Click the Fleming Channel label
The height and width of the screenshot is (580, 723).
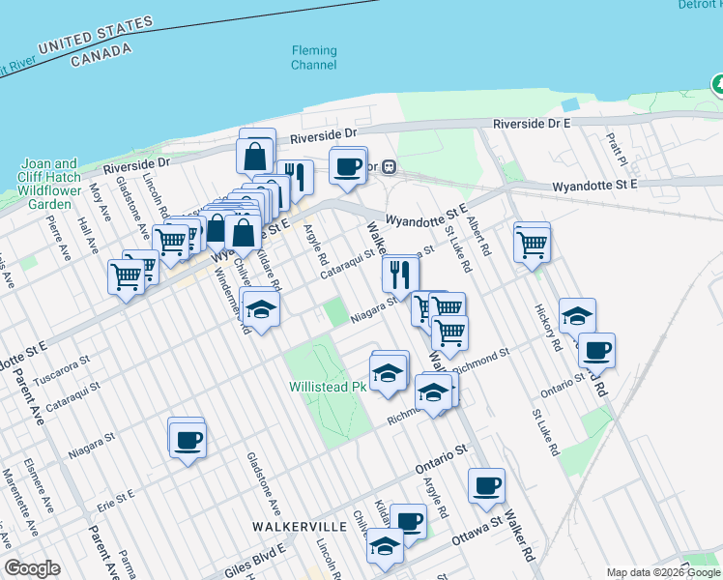click(x=314, y=58)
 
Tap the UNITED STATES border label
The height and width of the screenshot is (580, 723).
click(x=96, y=35)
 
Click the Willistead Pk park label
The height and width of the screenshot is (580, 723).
click(x=327, y=387)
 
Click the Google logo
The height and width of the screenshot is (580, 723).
click(x=33, y=568)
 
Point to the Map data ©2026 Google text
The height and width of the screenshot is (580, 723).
click(x=662, y=572)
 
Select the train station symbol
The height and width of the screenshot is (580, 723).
click(x=389, y=165)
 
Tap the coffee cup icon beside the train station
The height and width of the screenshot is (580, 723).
click(x=348, y=166)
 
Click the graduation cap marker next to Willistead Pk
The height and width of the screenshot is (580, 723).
click(x=389, y=372)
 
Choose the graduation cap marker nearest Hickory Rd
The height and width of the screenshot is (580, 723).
click(x=577, y=316)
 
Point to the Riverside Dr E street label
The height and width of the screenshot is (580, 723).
click(x=532, y=124)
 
